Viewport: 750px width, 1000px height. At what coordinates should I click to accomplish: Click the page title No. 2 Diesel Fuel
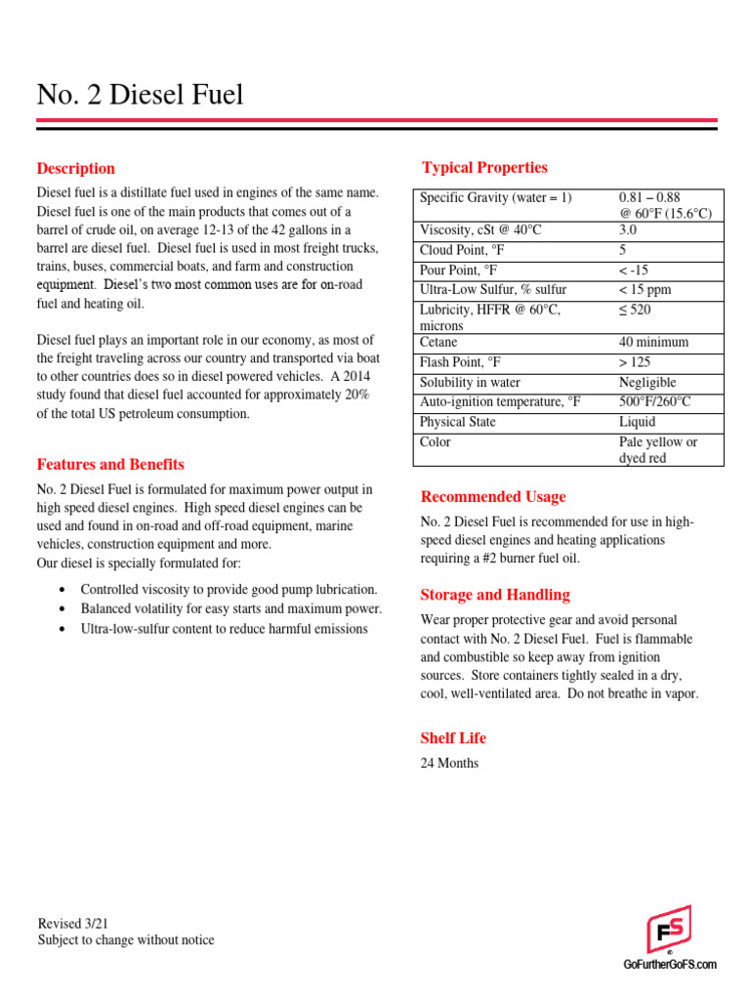tap(140, 95)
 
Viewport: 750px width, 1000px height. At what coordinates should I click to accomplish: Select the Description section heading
tap(76, 168)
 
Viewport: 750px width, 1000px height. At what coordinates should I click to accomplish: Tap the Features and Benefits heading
tap(110, 464)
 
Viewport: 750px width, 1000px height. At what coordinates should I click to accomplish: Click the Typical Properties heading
tap(484, 167)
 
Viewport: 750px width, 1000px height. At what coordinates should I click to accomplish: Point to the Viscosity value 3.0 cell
tap(628, 229)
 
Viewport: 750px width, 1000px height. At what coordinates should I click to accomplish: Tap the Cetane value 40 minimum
tap(653, 342)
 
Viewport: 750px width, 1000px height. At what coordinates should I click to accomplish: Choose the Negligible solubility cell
tap(647, 382)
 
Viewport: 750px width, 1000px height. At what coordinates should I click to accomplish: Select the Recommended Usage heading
tap(492, 496)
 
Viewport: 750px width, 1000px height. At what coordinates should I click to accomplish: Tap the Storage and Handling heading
tap(495, 595)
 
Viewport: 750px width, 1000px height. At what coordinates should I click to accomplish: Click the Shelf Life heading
tap(453, 737)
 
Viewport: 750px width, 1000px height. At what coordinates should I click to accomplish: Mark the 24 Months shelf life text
tap(449, 763)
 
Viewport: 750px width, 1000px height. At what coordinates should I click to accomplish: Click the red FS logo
tap(669, 929)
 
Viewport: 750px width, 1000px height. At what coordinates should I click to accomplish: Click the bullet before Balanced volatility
tap(62, 609)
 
